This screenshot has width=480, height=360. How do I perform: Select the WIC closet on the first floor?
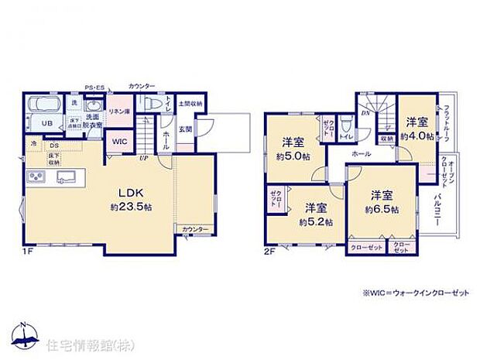click(119, 142)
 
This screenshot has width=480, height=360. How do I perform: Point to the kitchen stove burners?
click(36, 177)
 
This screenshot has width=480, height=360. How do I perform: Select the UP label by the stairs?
click(144, 159)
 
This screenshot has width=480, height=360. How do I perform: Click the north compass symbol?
click(26, 334)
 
